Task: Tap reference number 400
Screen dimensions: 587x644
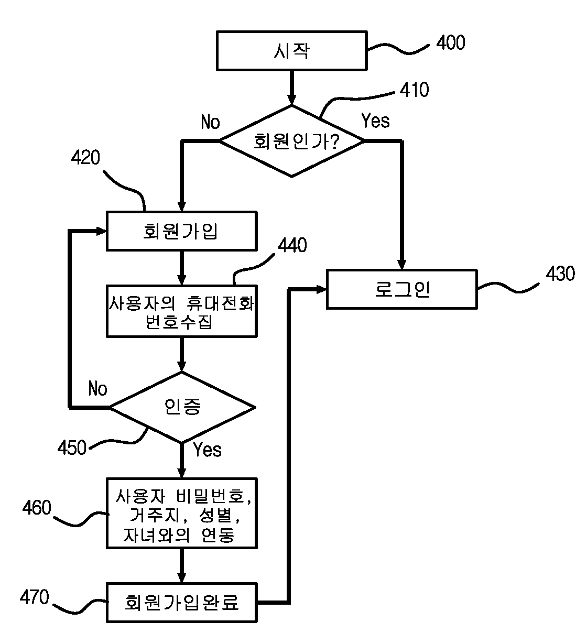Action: coord(451,42)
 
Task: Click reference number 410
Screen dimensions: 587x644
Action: coord(414,90)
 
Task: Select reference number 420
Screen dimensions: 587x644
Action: coord(85,158)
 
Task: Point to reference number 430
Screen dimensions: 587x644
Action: coord(560,274)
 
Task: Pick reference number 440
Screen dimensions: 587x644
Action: coord(292,246)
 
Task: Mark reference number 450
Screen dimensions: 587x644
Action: coord(72,448)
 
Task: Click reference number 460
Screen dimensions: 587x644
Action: coord(37,508)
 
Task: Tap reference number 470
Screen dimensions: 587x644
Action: coord(35,597)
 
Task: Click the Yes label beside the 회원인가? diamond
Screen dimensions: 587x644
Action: coord(375,121)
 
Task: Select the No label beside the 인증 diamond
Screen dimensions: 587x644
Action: coord(97,388)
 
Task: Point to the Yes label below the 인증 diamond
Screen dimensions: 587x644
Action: coord(208,450)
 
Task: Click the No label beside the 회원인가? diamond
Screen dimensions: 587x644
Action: coord(210,122)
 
